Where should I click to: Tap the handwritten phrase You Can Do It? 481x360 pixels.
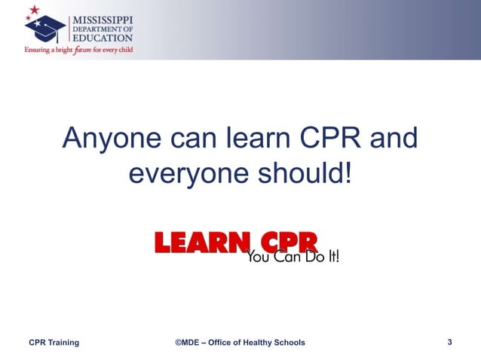[x=293, y=257]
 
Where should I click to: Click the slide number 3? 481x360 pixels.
[x=449, y=343]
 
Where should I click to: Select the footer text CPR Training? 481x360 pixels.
[x=54, y=343]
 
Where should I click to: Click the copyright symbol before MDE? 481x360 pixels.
[x=179, y=343]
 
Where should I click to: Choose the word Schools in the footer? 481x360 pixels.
[x=290, y=343]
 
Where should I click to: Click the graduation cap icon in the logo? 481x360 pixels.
[x=44, y=29]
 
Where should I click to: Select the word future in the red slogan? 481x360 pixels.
[x=81, y=50]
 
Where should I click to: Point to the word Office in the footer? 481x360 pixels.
[x=219, y=343]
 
